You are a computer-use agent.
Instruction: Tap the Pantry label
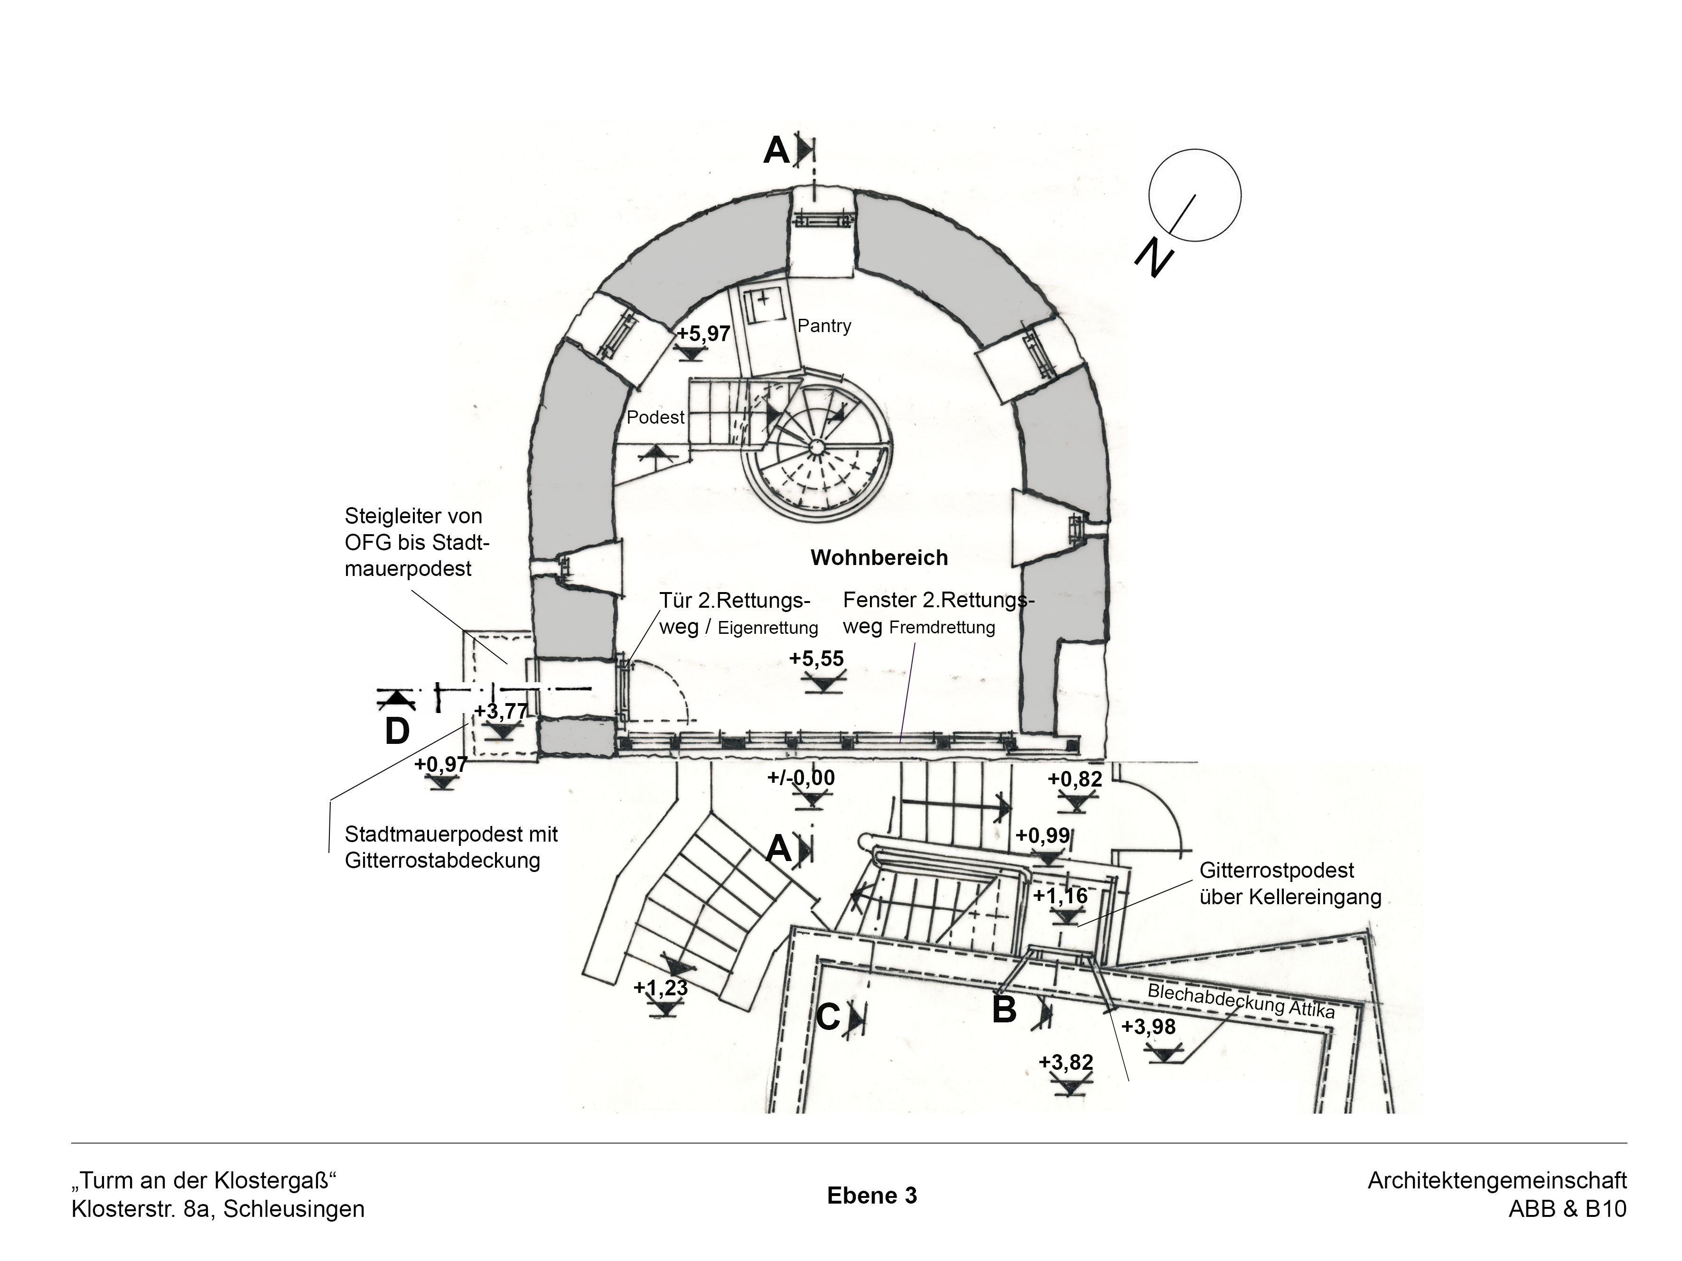click(x=824, y=326)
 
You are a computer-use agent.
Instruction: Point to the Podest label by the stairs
click(x=655, y=417)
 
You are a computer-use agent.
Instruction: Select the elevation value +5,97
click(x=703, y=334)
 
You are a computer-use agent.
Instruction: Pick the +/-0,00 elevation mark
click(x=801, y=778)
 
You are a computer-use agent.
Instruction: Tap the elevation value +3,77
click(x=501, y=712)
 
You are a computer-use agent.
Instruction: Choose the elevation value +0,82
click(x=1075, y=779)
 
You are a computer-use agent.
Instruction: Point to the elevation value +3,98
click(x=1148, y=1027)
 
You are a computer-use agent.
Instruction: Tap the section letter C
click(x=828, y=1018)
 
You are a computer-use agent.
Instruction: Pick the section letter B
click(x=1004, y=1010)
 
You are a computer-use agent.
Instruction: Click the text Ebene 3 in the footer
click(x=872, y=1196)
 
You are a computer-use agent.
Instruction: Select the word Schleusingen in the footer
click(x=294, y=1208)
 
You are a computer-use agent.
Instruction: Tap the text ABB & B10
click(x=1568, y=1208)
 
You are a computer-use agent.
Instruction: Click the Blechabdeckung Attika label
click(x=1241, y=1000)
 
